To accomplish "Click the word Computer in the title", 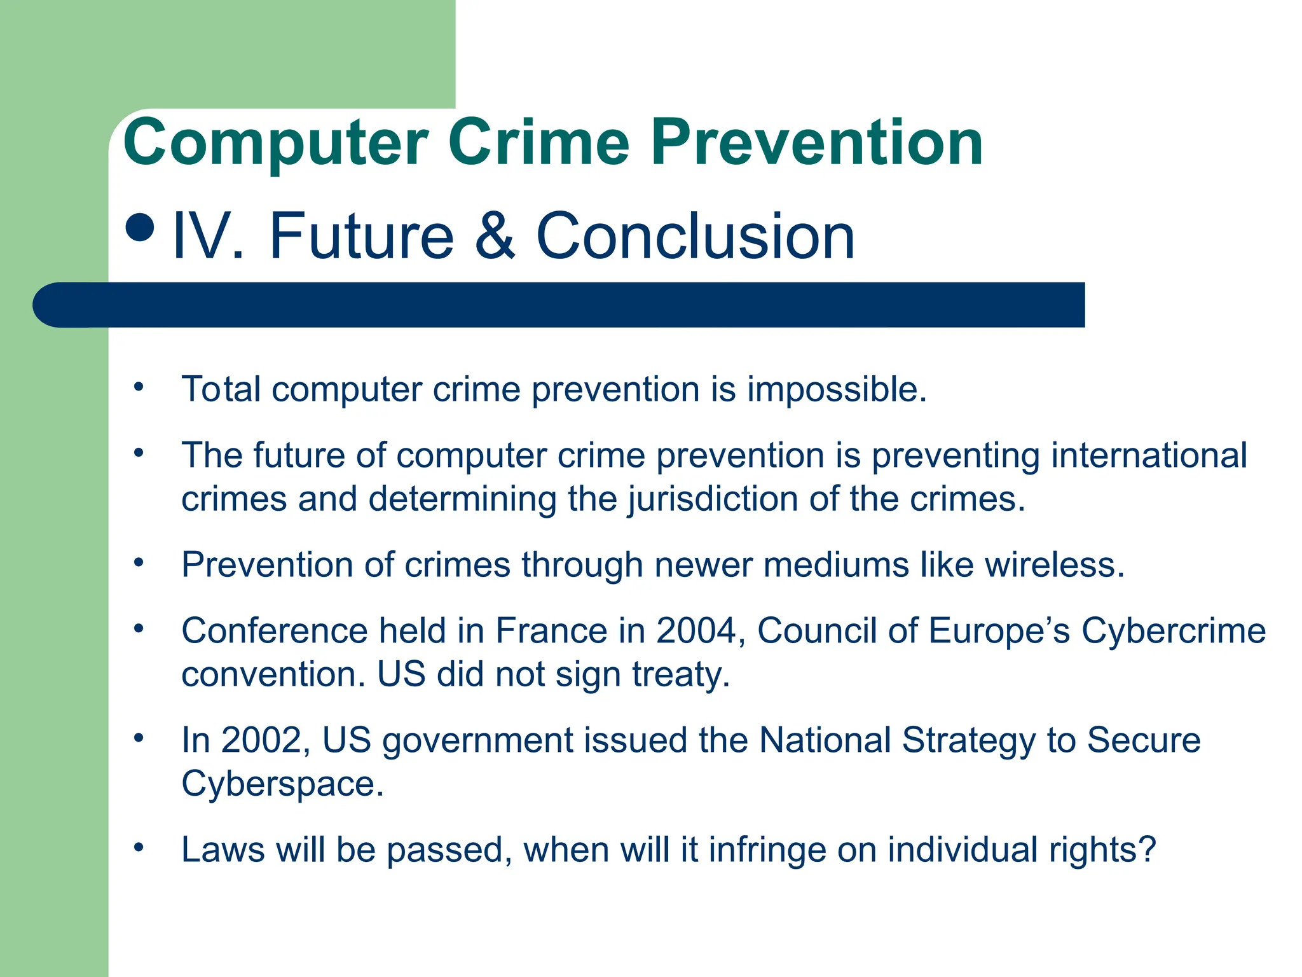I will coord(276,144).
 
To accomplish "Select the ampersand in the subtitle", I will coord(495,236).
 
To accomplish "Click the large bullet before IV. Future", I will coord(140,227).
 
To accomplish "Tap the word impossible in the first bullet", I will coord(836,389).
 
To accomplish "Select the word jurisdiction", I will coord(713,499).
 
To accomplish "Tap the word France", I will coord(551,631).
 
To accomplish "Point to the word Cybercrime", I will coord(1174,631).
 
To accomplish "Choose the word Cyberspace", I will coord(282,784).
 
